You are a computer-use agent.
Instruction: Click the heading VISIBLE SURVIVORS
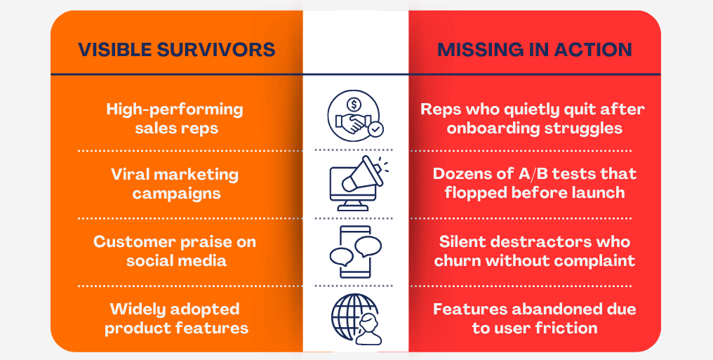tap(176, 50)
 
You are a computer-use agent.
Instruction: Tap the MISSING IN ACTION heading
tap(535, 50)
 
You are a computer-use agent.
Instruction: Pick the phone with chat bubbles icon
tap(355, 251)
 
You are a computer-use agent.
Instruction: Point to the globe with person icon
tap(355, 318)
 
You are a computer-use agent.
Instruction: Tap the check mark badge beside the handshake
tap(376, 129)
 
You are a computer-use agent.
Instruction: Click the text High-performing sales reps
tap(175, 119)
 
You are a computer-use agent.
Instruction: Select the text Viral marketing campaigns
tap(175, 183)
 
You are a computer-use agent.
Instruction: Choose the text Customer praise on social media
tap(175, 251)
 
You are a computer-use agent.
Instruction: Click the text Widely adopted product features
tap(175, 318)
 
